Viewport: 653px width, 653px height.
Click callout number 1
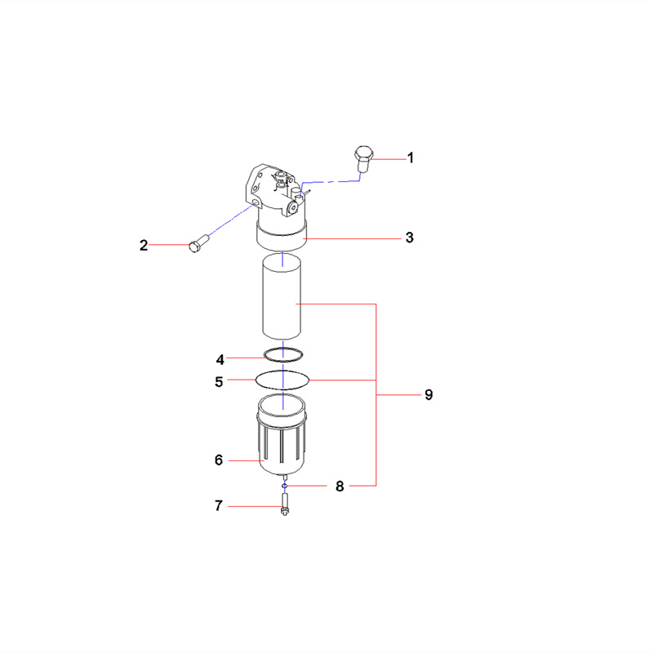[x=411, y=158]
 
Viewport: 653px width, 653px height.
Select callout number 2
[x=144, y=245]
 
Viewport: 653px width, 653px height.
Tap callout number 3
[x=410, y=238]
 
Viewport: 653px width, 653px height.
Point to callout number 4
[x=220, y=359]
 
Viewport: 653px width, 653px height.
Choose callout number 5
[x=219, y=380]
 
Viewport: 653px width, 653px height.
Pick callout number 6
[x=219, y=460]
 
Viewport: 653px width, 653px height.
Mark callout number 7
[x=219, y=506]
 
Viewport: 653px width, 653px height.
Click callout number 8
[x=340, y=486]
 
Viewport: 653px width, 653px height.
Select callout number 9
[x=428, y=395]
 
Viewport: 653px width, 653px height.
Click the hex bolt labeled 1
[x=363, y=158]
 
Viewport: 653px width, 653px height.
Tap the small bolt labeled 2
[x=197, y=244]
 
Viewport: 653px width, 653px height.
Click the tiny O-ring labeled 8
[x=284, y=486]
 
